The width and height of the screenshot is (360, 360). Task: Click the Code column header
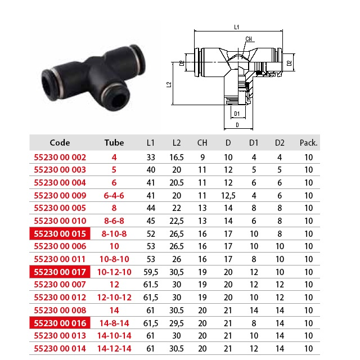coord(60,142)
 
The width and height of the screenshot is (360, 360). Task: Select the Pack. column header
coord(308,143)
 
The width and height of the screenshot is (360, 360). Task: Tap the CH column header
coord(202,143)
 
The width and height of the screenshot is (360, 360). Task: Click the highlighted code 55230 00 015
coord(60,234)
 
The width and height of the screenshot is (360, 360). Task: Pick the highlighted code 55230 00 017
coord(60,272)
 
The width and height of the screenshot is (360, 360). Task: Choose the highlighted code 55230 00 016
coord(60,323)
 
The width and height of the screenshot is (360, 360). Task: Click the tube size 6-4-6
coord(114,196)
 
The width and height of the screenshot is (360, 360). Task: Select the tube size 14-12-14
coord(114,349)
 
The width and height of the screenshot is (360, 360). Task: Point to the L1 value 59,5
coord(151,272)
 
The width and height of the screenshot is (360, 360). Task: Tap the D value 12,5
coord(228,196)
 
